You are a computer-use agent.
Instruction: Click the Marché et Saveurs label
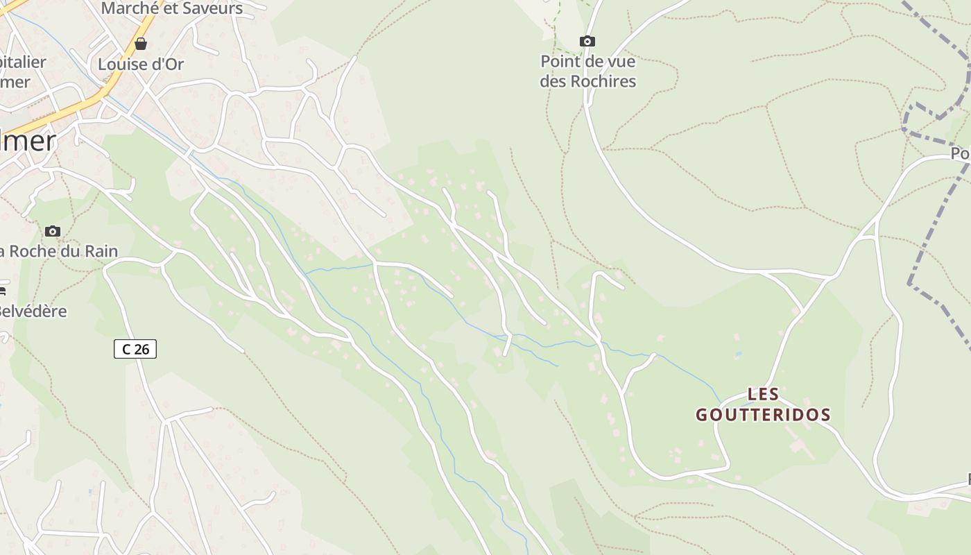(x=171, y=8)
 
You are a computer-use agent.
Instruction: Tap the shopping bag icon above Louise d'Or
(x=141, y=44)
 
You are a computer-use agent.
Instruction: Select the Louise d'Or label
(x=141, y=65)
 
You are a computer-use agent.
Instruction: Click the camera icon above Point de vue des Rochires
(x=587, y=42)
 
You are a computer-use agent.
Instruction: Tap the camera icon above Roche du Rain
(x=52, y=231)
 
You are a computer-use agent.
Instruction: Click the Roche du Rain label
(x=59, y=251)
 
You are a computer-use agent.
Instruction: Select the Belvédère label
(x=33, y=311)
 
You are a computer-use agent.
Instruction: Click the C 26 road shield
(x=135, y=349)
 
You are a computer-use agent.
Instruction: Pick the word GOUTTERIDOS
(x=763, y=415)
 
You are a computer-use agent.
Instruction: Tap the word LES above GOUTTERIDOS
(x=763, y=395)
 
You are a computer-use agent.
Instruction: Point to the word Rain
(x=101, y=251)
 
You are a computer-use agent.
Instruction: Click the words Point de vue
(x=587, y=61)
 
